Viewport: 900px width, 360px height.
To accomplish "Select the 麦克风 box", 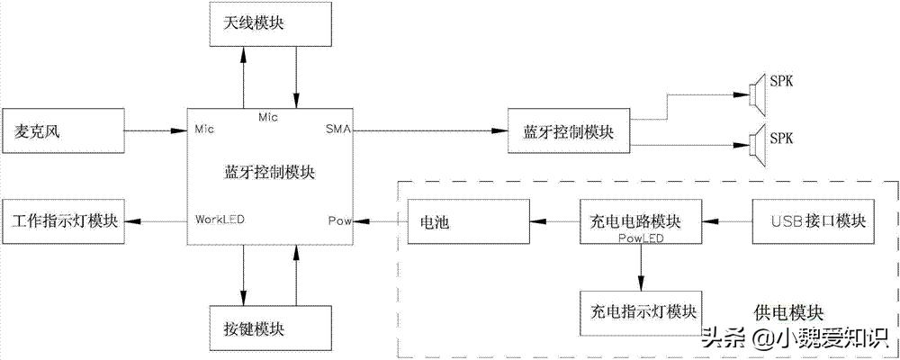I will [x=64, y=131].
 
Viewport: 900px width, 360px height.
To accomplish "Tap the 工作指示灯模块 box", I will [x=64, y=220].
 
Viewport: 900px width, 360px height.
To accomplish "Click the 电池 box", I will [x=467, y=220].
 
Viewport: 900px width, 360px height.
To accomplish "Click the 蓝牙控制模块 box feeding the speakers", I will [x=569, y=131].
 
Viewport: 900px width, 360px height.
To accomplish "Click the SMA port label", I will [x=337, y=130].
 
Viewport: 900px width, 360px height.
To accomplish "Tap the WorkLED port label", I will [x=220, y=219].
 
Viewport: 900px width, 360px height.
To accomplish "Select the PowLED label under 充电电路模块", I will [x=641, y=238].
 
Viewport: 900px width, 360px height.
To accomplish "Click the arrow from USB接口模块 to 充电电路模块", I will [x=727, y=220].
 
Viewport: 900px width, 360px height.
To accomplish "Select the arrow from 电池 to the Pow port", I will [x=379, y=220].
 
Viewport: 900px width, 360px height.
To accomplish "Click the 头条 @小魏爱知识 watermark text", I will [x=796, y=339].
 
